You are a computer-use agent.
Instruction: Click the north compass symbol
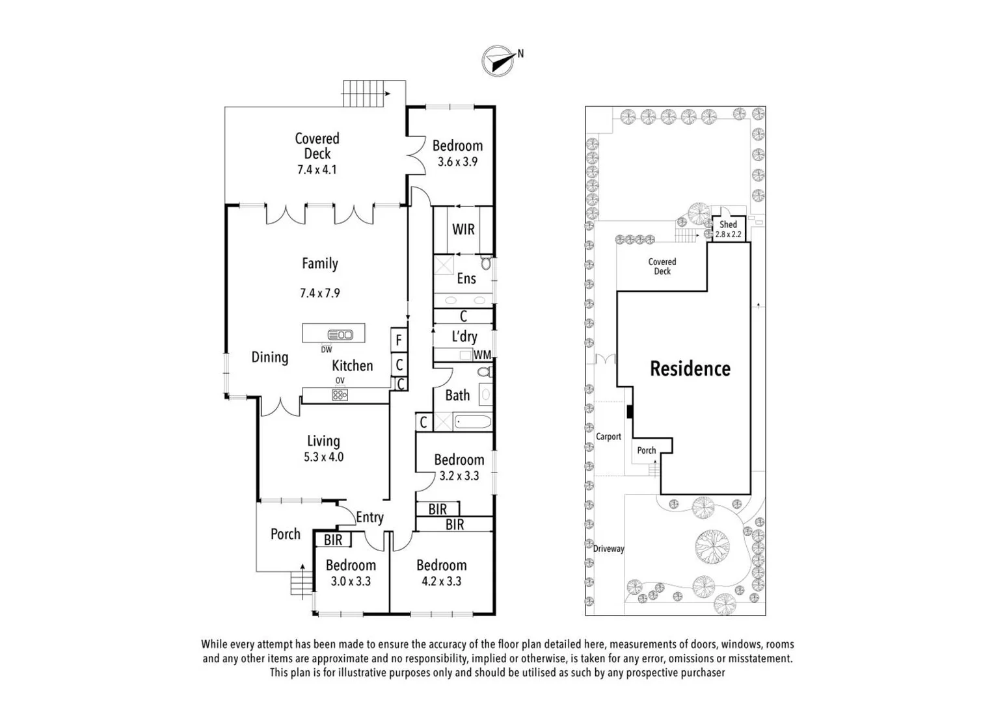coord(498,60)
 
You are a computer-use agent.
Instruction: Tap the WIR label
coord(463,229)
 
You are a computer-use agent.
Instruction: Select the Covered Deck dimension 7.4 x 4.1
coord(317,170)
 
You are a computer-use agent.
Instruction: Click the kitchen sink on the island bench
coord(340,335)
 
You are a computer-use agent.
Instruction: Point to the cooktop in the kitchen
coord(340,395)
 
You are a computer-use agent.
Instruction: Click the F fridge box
coord(399,340)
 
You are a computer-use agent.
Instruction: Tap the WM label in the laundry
coord(482,355)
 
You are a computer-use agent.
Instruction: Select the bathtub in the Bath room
coord(473,421)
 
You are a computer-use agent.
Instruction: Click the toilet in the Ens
coord(487,263)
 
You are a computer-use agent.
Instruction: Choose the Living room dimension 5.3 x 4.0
coord(323,457)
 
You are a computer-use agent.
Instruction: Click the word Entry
coord(369,517)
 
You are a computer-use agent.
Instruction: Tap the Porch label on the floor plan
coord(286,534)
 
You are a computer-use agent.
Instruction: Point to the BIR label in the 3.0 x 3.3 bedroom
coord(333,539)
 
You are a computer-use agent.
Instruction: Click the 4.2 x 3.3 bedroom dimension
coord(442,581)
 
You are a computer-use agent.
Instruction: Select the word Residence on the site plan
coord(690,369)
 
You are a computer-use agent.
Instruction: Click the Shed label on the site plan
coord(728,224)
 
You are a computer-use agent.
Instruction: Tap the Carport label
coord(608,437)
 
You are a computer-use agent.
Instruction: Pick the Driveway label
coord(608,549)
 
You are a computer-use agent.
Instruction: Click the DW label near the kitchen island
coord(326,350)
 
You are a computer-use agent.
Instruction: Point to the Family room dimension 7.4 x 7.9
coord(320,293)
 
